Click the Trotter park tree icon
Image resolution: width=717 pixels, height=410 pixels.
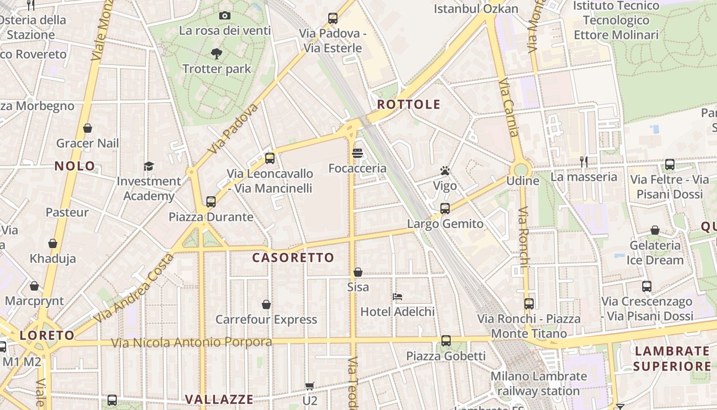click(217, 53)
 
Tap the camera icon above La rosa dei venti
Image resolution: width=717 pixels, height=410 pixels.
click(224, 16)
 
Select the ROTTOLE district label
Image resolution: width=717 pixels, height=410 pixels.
click(409, 105)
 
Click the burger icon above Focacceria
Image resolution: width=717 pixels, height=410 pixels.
click(357, 153)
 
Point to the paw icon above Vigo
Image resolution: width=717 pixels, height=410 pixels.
click(445, 171)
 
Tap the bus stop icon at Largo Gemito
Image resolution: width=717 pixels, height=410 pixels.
click(445, 209)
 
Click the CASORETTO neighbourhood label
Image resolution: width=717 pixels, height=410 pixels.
click(293, 258)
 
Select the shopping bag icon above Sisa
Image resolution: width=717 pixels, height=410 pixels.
click(358, 272)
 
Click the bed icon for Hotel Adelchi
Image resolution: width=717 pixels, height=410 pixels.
click(397, 296)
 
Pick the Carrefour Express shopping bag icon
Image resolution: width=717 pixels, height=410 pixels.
click(266, 304)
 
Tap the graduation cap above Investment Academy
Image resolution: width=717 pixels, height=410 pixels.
click(149, 166)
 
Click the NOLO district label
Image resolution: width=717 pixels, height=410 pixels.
click(75, 166)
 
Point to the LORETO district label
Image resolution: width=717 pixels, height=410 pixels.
click(47, 336)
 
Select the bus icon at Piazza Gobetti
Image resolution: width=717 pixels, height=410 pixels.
click(446, 341)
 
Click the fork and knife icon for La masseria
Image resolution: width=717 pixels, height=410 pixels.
click(583, 162)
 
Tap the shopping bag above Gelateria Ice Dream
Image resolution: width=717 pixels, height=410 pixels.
click(655, 231)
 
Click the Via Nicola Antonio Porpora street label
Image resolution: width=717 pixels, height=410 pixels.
click(192, 342)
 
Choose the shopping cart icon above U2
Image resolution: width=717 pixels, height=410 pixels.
click(309, 386)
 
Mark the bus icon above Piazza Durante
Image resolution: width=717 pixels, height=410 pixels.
click(210, 202)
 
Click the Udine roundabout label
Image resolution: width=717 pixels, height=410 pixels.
click(522, 181)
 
